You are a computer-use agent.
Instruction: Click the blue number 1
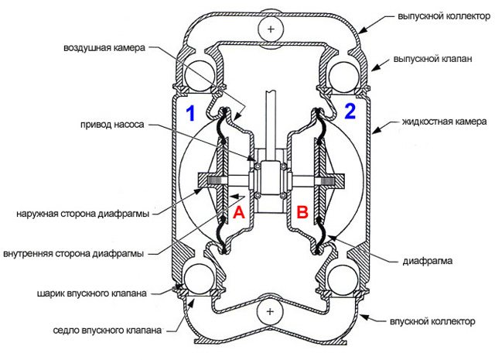[x=190, y=113]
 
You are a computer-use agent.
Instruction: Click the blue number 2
[x=350, y=111]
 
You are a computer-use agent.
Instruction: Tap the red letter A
[x=239, y=212]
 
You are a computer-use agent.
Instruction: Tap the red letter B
[x=302, y=212]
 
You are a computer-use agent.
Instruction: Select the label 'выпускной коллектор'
[x=444, y=16]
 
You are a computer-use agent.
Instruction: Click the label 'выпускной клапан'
[x=432, y=59]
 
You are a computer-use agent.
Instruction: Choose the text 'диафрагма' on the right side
[x=428, y=261]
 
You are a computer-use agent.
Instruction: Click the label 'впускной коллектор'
[x=432, y=321]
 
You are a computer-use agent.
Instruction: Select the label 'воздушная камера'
[x=104, y=48]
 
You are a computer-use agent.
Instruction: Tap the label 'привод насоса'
[x=112, y=125]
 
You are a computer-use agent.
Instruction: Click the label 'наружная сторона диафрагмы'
[x=83, y=214]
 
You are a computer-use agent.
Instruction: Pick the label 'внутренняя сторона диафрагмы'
[x=73, y=253]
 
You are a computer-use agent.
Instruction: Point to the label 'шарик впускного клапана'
[x=92, y=293]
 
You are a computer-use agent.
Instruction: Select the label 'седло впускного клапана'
[x=108, y=331]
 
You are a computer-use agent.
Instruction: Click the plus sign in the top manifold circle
[x=271, y=29]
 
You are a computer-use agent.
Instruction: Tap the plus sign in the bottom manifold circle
[x=270, y=312]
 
